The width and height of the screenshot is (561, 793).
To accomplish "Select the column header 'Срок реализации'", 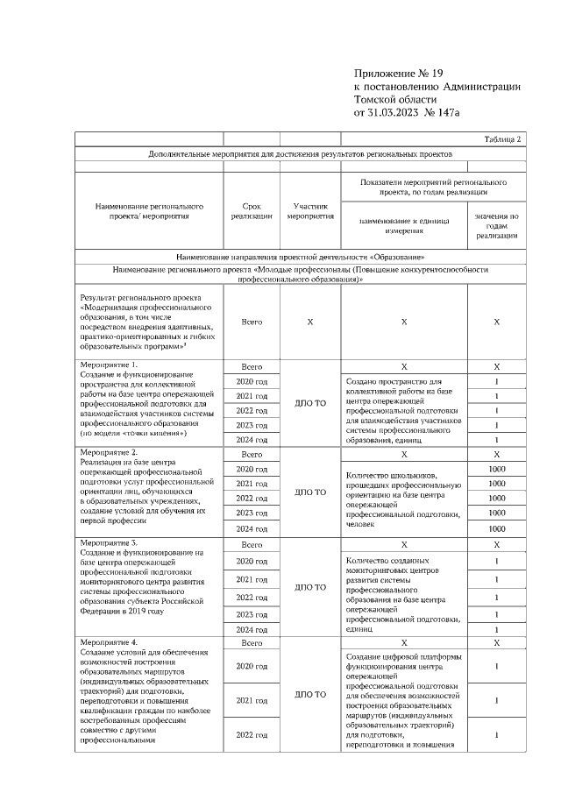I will [252, 211].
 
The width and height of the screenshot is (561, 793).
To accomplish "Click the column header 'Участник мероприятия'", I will [310, 211].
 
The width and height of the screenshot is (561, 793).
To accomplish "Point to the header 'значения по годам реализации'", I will [496, 224].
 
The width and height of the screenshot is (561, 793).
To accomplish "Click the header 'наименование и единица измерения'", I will [403, 225].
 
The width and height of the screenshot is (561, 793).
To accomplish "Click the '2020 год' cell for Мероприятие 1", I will [252, 381].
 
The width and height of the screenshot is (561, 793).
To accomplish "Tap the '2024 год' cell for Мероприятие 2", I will [252, 528].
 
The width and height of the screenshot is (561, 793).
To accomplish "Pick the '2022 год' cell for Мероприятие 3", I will [252, 598].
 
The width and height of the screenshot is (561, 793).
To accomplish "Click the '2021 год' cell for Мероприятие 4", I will [252, 700].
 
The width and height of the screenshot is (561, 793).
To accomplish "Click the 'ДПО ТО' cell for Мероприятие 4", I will [310, 694].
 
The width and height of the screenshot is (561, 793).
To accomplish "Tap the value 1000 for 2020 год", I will [496, 470].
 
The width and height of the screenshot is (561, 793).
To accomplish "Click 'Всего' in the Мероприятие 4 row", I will [252, 643].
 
